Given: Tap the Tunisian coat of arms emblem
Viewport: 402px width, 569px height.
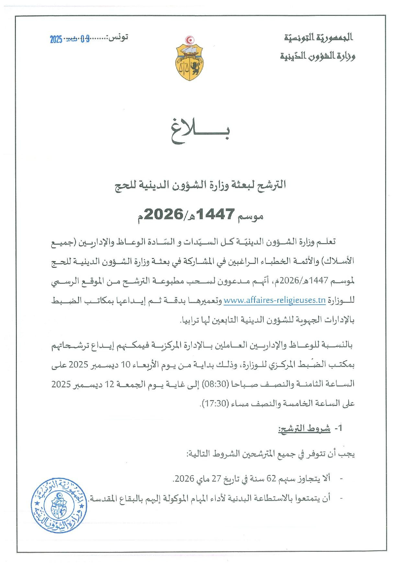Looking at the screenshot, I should click(190, 59).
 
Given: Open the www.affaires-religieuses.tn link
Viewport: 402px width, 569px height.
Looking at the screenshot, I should click(275, 300).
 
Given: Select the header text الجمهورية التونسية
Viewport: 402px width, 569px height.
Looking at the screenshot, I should click(318, 38).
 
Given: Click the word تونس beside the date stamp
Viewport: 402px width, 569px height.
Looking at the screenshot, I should click(120, 38).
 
